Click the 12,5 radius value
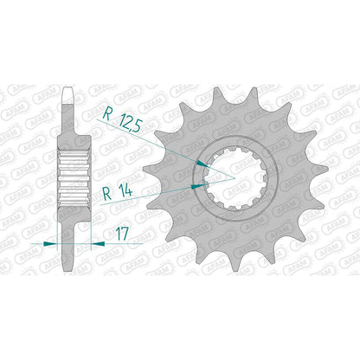tap(131, 122)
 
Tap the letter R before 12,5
tap(107, 113)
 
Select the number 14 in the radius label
tap(125, 190)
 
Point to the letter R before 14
tap(107, 193)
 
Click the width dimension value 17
tap(122, 234)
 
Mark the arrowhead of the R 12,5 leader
tap(202, 164)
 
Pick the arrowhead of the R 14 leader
tap(198, 186)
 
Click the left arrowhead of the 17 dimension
tap(50, 244)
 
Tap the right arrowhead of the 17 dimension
tap(98, 244)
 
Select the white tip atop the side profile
tap(69, 95)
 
